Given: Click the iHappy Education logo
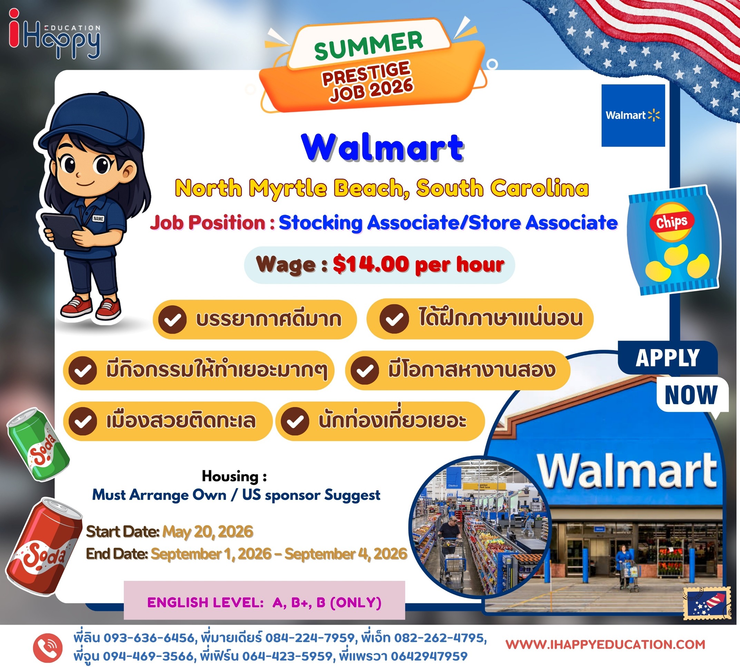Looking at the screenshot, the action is (x=54, y=34).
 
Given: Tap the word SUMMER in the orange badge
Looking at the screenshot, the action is (x=368, y=46).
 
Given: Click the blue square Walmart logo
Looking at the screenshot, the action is (x=633, y=116).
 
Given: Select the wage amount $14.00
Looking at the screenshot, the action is (x=371, y=264).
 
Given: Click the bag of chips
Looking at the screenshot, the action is (x=673, y=240).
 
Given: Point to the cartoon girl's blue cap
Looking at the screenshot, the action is (x=93, y=123).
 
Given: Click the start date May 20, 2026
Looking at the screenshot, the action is (x=208, y=532).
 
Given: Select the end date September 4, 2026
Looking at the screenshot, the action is (x=346, y=554).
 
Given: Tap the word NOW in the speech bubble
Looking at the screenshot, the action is (x=691, y=395).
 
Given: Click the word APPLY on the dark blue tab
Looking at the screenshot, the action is (x=668, y=358).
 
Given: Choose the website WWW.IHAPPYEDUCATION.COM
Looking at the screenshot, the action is (x=605, y=644).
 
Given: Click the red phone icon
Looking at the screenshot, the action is (x=48, y=648).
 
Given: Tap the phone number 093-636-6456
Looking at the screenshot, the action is (x=149, y=638).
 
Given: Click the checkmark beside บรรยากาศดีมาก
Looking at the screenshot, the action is (x=172, y=320).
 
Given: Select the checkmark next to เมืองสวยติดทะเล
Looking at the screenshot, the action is (x=83, y=421).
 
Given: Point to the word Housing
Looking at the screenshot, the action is (x=230, y=477).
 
